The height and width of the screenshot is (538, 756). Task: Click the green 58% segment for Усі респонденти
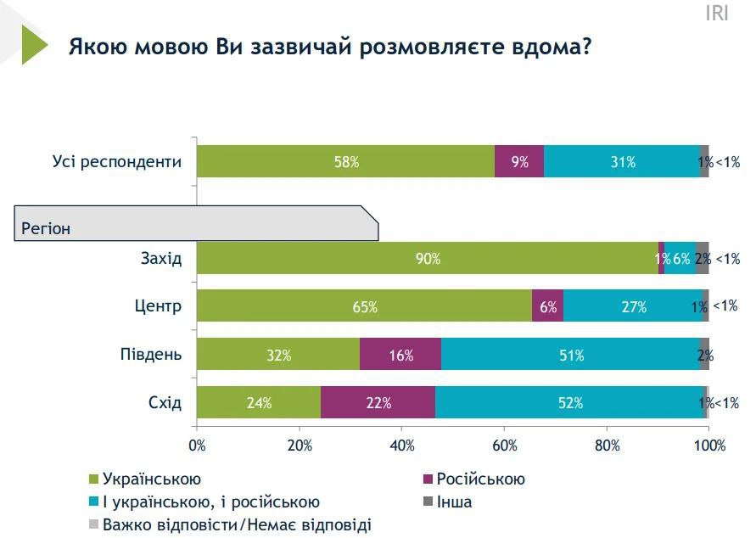[x=345, y=161]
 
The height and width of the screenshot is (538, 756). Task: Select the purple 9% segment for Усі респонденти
[x=519, y=161]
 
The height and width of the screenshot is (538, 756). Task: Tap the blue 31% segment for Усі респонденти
[x=622, y=161]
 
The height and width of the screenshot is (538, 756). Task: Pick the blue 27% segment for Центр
[x=632, y=306]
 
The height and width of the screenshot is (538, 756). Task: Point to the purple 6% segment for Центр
[x=547, y=306]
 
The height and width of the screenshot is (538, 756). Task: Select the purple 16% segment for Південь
[x=400, y=355]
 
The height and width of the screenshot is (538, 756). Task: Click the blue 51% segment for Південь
[x=570, y=355]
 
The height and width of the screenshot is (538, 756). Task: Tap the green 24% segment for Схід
[x=259, y=403]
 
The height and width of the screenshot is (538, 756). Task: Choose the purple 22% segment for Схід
[x=378, y=403]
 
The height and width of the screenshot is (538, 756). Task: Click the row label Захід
[x=161, y=258]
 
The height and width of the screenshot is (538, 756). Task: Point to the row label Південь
[x=153, y=355]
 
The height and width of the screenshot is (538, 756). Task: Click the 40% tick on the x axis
[x=402, y=445]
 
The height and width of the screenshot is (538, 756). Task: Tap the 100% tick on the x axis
[x=709, y=445]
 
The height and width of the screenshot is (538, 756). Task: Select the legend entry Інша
[x=454, y=502]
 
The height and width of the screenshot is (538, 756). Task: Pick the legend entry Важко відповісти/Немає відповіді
[x=236, y=525]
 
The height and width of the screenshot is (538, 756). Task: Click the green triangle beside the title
[x=34, y=44]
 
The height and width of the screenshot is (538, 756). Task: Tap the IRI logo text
[x=718, y=13]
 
